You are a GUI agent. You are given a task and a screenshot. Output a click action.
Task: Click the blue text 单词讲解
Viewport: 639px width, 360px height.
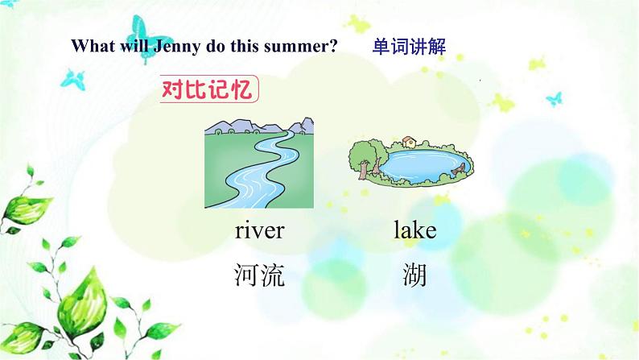pos(409,46)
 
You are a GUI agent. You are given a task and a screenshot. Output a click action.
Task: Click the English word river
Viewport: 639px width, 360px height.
pos(259,231)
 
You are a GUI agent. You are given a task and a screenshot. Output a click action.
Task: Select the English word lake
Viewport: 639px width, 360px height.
pos(414,231)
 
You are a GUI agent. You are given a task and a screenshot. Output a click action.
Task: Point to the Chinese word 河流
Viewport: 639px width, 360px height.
pos(259,277)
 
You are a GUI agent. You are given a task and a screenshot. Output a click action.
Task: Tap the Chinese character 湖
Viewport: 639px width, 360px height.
pos(414,277)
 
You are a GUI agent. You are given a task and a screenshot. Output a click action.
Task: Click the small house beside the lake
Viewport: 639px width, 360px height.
pos(409,143)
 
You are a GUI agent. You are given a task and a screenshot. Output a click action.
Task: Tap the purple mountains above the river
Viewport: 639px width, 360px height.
pos(266,126)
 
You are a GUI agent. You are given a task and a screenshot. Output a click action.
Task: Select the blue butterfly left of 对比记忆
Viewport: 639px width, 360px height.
pos(73,78)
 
